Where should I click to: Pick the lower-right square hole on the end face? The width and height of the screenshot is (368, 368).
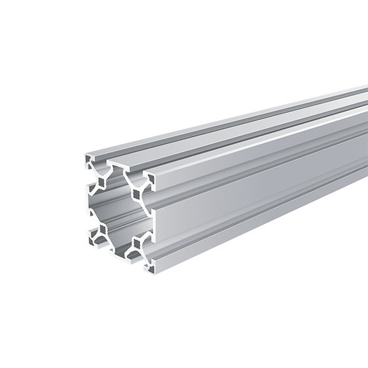[136, 247]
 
